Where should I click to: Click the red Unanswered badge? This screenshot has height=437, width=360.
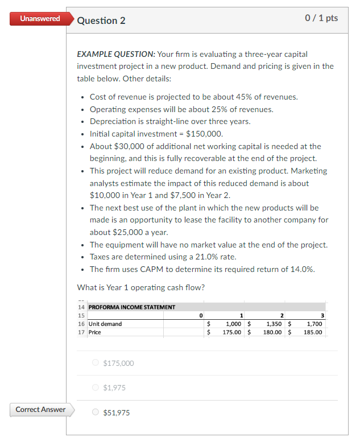tap(39, 19)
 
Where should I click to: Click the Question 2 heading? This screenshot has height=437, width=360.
tap(101, 20)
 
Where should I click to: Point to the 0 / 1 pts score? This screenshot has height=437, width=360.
tap(321, 18)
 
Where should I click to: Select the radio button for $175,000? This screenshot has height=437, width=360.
tap(95, 363)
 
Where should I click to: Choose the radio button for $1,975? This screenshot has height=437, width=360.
tap(95, 388)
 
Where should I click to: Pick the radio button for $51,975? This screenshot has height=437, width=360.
tap(95, 413)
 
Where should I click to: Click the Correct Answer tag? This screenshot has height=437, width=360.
tap(40, 410)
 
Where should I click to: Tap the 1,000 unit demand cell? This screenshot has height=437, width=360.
tap(234, 324)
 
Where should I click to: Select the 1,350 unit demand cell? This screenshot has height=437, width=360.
tap(275, 324)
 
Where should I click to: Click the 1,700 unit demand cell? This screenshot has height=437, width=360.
tap(315, 324)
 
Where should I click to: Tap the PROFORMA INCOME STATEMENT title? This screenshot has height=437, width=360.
tap(132, 307)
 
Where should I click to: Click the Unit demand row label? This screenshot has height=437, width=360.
tap(105, 324)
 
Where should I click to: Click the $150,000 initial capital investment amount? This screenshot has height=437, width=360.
tap(204, 134)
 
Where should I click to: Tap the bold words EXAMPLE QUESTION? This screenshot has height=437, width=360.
tap(115, 54)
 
